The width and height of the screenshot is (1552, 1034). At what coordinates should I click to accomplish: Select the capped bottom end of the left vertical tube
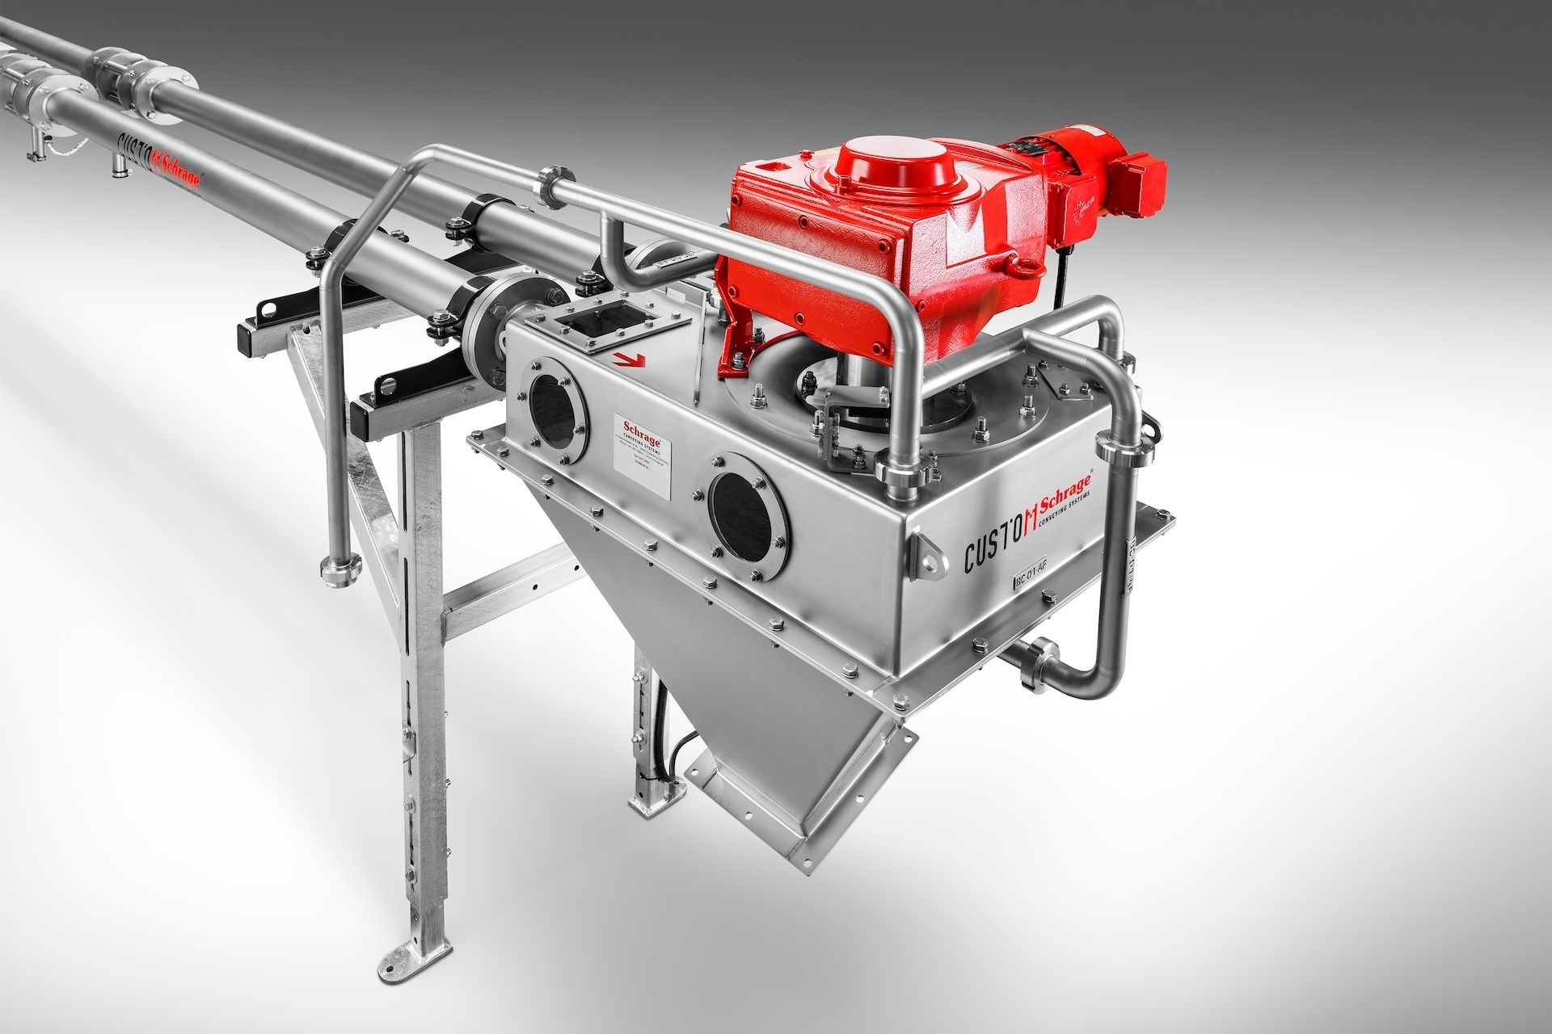[x=332, y=565]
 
